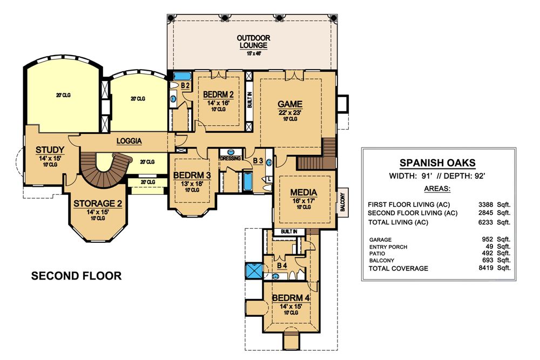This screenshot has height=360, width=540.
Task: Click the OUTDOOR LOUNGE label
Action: coord(253,42)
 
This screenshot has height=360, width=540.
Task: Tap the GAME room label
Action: coord(290,104)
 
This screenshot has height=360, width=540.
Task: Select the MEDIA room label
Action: coord(303,192)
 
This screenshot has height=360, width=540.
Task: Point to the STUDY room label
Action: coord(50,150)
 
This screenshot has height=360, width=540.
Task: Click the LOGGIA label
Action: coord(129,141)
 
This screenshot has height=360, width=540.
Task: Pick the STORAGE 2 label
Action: coord(98,203)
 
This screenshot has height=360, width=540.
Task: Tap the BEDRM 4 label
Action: coord(291,298)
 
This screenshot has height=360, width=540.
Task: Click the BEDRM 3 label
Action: coord(192,175)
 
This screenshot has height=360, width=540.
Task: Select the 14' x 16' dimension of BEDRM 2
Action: coord(218,103)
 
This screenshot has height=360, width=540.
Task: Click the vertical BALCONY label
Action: coord(342,202)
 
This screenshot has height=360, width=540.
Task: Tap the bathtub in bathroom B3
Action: coord(248,182)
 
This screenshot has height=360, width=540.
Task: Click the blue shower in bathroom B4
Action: coord(254,270)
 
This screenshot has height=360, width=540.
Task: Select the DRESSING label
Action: coord(231,158)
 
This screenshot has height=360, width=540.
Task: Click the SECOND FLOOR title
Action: coord(77,276)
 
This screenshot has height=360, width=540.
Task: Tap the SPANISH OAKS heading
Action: coord(437,163)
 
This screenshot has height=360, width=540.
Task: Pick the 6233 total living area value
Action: coord(485,222)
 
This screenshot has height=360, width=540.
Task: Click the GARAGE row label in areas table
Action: coord(380,240)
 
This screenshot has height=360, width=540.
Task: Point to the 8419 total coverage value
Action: coord(485,268)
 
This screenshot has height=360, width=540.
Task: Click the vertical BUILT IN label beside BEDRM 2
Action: coord(249,100)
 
